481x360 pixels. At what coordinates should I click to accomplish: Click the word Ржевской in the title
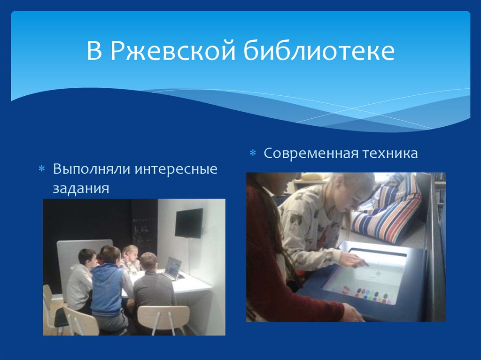pyautogui.click(x=172, y=52)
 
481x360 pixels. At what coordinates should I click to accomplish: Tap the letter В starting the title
pyautogui.click(x=94, y=52)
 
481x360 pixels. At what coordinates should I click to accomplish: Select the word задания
pyautogui.click(x=81, y=188)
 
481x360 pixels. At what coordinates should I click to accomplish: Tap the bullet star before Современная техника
pyautogui.click(x=252, y=154)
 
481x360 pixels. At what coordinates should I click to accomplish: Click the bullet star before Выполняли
pyautogui.click(x=41, y=169)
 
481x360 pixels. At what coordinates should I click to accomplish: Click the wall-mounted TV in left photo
pyautogui.click(x=189, y=223)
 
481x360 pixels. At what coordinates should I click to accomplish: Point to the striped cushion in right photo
pyautogui.click(x=390, y=211)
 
